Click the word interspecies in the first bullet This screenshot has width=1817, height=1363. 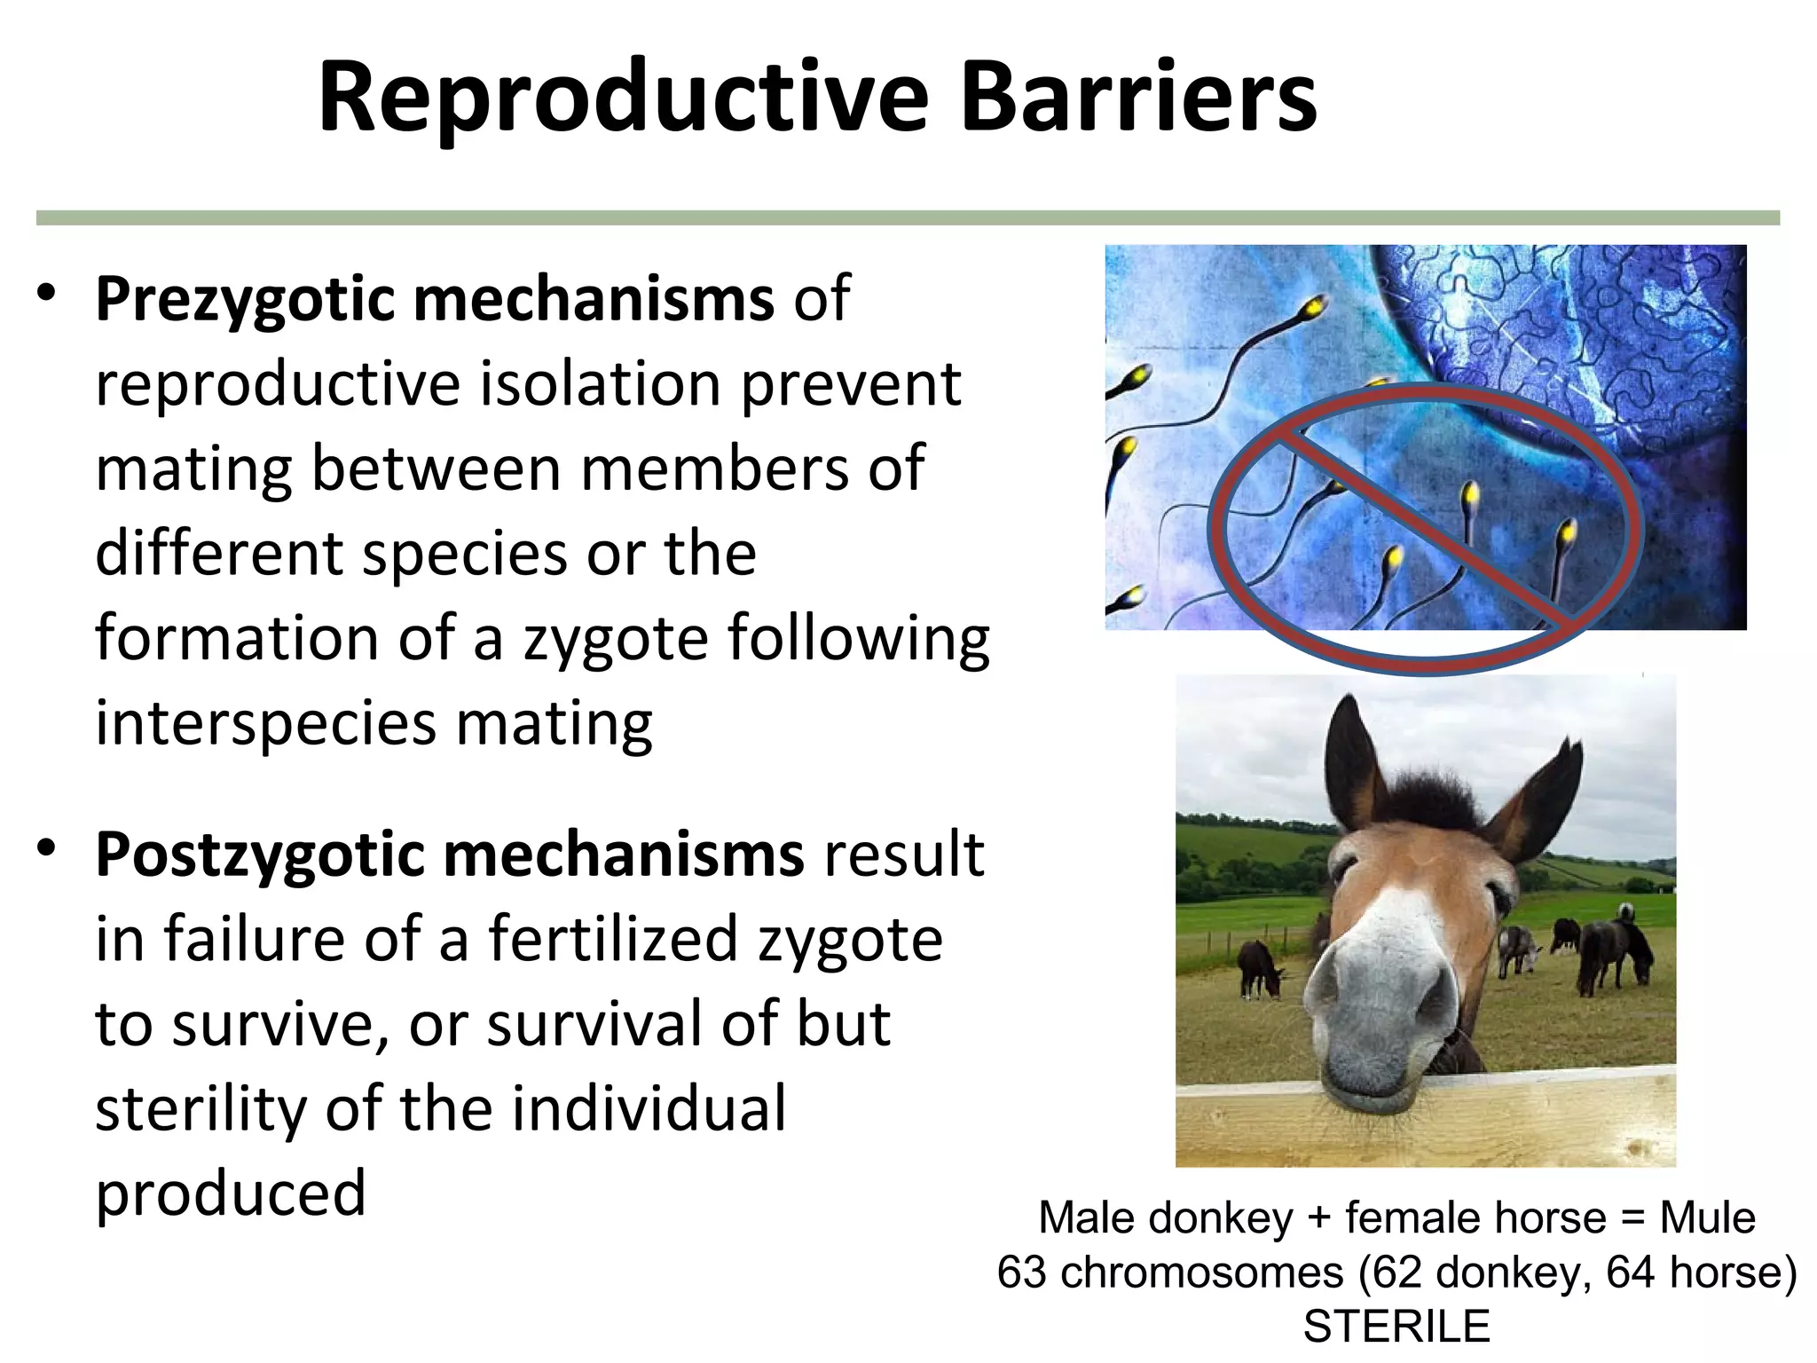(x=266, y=723)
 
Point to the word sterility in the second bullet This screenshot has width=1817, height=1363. (x=200, y=1108)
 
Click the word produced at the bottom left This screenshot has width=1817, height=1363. (x=231, y=1193)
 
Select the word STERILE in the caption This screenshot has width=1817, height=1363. (x=1396, y=1327)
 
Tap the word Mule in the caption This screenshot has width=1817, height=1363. (x=1707, y=1218)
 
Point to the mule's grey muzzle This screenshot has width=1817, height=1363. (x=1402, y=1003)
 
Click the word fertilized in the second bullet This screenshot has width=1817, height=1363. (x=612, y=939)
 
